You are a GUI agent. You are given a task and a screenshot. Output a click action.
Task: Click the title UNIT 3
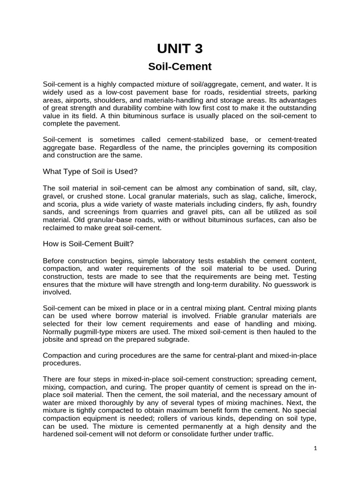coord(180,49)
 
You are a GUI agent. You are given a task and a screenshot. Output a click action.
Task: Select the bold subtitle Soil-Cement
coord(180,67)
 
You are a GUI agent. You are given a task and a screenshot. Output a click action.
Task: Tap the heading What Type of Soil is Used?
coord(90,171)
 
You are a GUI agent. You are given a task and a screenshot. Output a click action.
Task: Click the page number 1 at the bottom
coord(315,449)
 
